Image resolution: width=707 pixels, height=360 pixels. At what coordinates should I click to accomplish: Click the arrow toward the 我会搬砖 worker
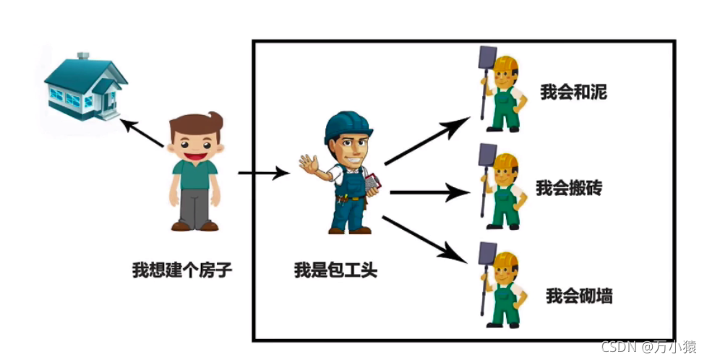coord(429,192)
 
